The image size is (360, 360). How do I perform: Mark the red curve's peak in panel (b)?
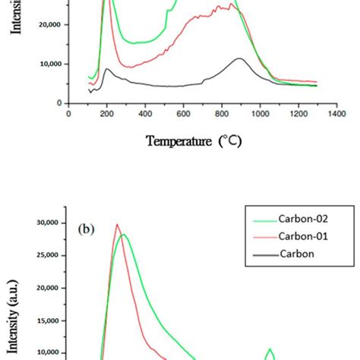[116, 224]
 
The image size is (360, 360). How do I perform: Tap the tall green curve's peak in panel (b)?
[124, 235]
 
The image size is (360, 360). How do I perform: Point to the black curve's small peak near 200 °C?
[107, 69]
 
